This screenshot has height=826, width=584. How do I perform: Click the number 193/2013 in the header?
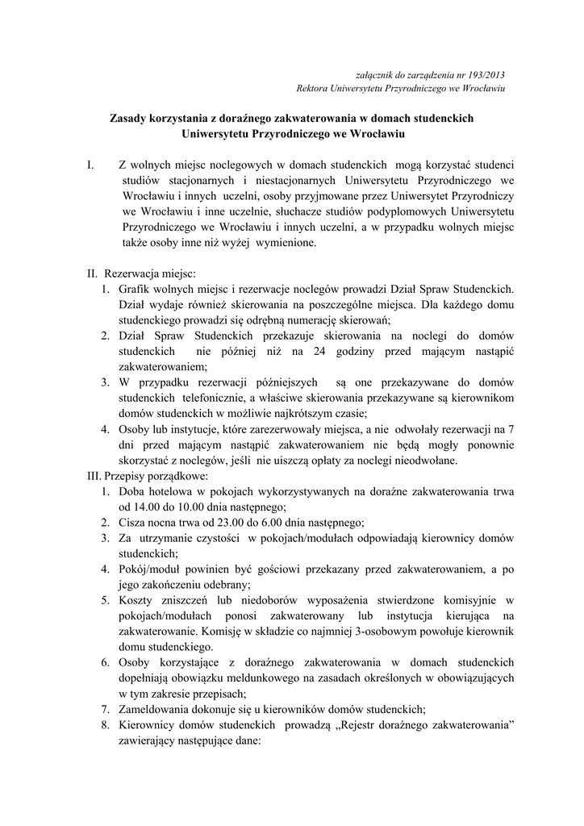[486, 74]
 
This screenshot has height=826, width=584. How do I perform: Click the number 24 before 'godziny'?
[321, 353]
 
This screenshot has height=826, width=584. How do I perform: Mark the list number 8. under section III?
[106, 725]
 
